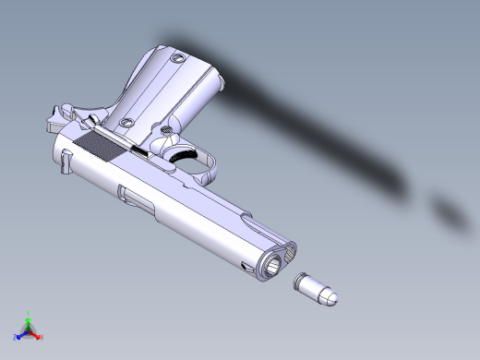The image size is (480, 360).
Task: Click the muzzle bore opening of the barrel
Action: [275, 268]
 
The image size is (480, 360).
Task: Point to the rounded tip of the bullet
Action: [331, 297]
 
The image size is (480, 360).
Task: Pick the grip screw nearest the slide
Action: [128, 123]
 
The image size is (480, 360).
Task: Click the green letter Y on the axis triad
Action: [30, 314]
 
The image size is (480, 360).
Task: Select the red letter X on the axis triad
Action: [42, 337]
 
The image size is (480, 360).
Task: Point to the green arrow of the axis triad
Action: [30, 322]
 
